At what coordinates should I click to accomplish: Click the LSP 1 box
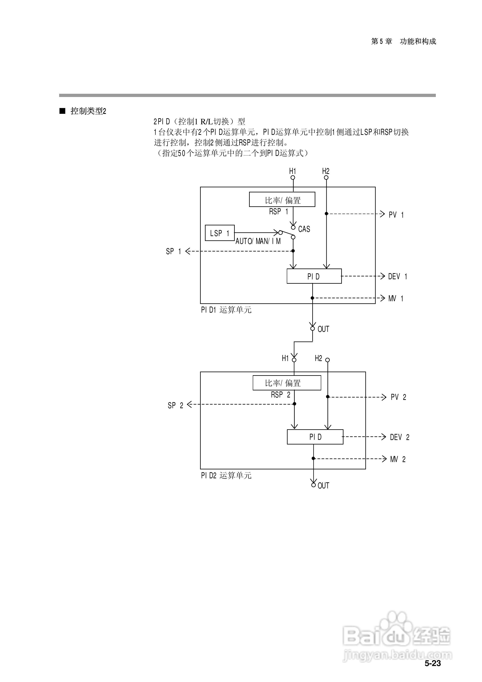pyautogui.click(x=220, y=233)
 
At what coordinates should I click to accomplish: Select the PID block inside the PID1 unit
pyautogui.click(x=314, y=276)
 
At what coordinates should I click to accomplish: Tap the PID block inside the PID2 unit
pyautogui.click(x=315, y=437)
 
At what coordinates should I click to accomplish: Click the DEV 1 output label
pyautogui.click(x=398, y=277)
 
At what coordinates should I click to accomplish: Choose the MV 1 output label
pyautogui.click(x=396, y=298)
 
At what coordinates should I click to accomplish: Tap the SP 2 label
pyautogui.click(x=175, y=405)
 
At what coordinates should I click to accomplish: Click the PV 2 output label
pyautogui.click(x=398, y=397)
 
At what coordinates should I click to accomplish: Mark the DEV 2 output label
pyautogui.click(x=400, y=437)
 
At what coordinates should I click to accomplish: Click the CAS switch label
pyautogui.click(x=304, y=229)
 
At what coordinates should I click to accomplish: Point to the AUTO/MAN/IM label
pyautogui.click(x=258, y=241)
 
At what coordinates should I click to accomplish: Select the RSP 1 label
pyautogui.click(x=279, y=211)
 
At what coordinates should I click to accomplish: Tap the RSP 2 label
pyautogui.click(x=280, y=395)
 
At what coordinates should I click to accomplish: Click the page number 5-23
pyautogui.click(x=433, y=663)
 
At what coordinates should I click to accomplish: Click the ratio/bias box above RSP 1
pyautogui.click(x=282, y=199)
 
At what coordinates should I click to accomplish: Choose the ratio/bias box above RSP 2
pyautogui.click(x=287, y=383)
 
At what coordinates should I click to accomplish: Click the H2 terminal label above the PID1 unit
pyautogui.click(x=326, y=171)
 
